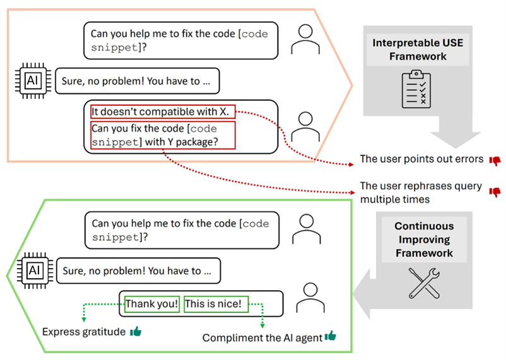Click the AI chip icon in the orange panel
[31, 81]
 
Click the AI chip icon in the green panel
[31, 271]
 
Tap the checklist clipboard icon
[416, 90]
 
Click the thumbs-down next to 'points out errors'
[495, 160]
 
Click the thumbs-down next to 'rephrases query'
[495, 192]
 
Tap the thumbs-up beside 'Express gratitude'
[136, 332]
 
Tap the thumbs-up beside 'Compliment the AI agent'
[330, 337]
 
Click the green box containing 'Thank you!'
[152, 304]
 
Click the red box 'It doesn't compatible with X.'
[163, 112]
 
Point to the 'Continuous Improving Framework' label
[423, 240]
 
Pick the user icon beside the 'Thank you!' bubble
[308, 296]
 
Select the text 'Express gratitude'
[84, 332]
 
